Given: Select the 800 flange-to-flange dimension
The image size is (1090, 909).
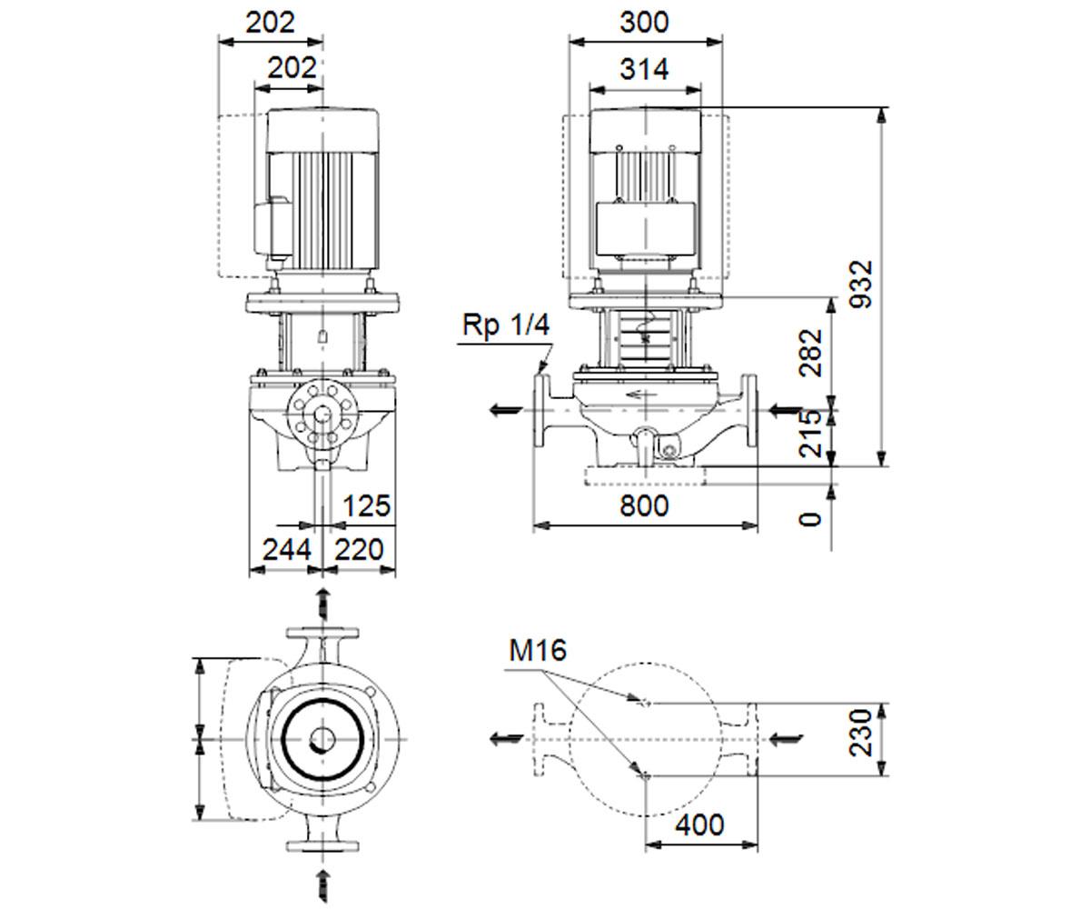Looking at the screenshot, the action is pos(644,505).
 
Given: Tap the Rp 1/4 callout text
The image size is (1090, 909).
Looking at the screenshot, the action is pos(506,325).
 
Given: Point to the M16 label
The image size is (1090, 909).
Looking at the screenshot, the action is pos(537,651).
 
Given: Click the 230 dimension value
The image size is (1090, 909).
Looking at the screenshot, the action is pos(861,732).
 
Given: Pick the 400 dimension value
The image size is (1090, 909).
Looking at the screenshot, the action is pos(699,824).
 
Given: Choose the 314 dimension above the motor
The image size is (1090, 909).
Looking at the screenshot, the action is pos(644,69).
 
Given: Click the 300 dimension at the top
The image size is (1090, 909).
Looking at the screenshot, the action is pos(644,23).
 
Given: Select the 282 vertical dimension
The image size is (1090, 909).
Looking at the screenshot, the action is pos(811,353).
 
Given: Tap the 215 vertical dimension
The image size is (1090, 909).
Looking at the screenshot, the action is pos(811,434).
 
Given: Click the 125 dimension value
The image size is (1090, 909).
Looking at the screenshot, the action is pos(366,505).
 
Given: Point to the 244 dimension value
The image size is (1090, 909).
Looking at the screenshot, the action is pos(287,550).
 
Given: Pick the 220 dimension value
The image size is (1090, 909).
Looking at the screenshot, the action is pos(359,550).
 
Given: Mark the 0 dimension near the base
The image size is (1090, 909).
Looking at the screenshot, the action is pos(811,519).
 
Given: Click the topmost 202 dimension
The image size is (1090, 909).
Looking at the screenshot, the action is pos(270,23).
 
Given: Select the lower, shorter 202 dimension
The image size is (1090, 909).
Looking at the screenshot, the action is pos(292,68).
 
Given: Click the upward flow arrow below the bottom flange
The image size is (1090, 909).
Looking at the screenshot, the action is pos(323,885).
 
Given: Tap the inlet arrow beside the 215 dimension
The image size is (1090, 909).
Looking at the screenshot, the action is pos(786,411).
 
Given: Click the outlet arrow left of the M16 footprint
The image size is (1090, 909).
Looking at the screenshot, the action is pos(506,738).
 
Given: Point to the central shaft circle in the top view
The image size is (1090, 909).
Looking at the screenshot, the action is pos(322,740).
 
